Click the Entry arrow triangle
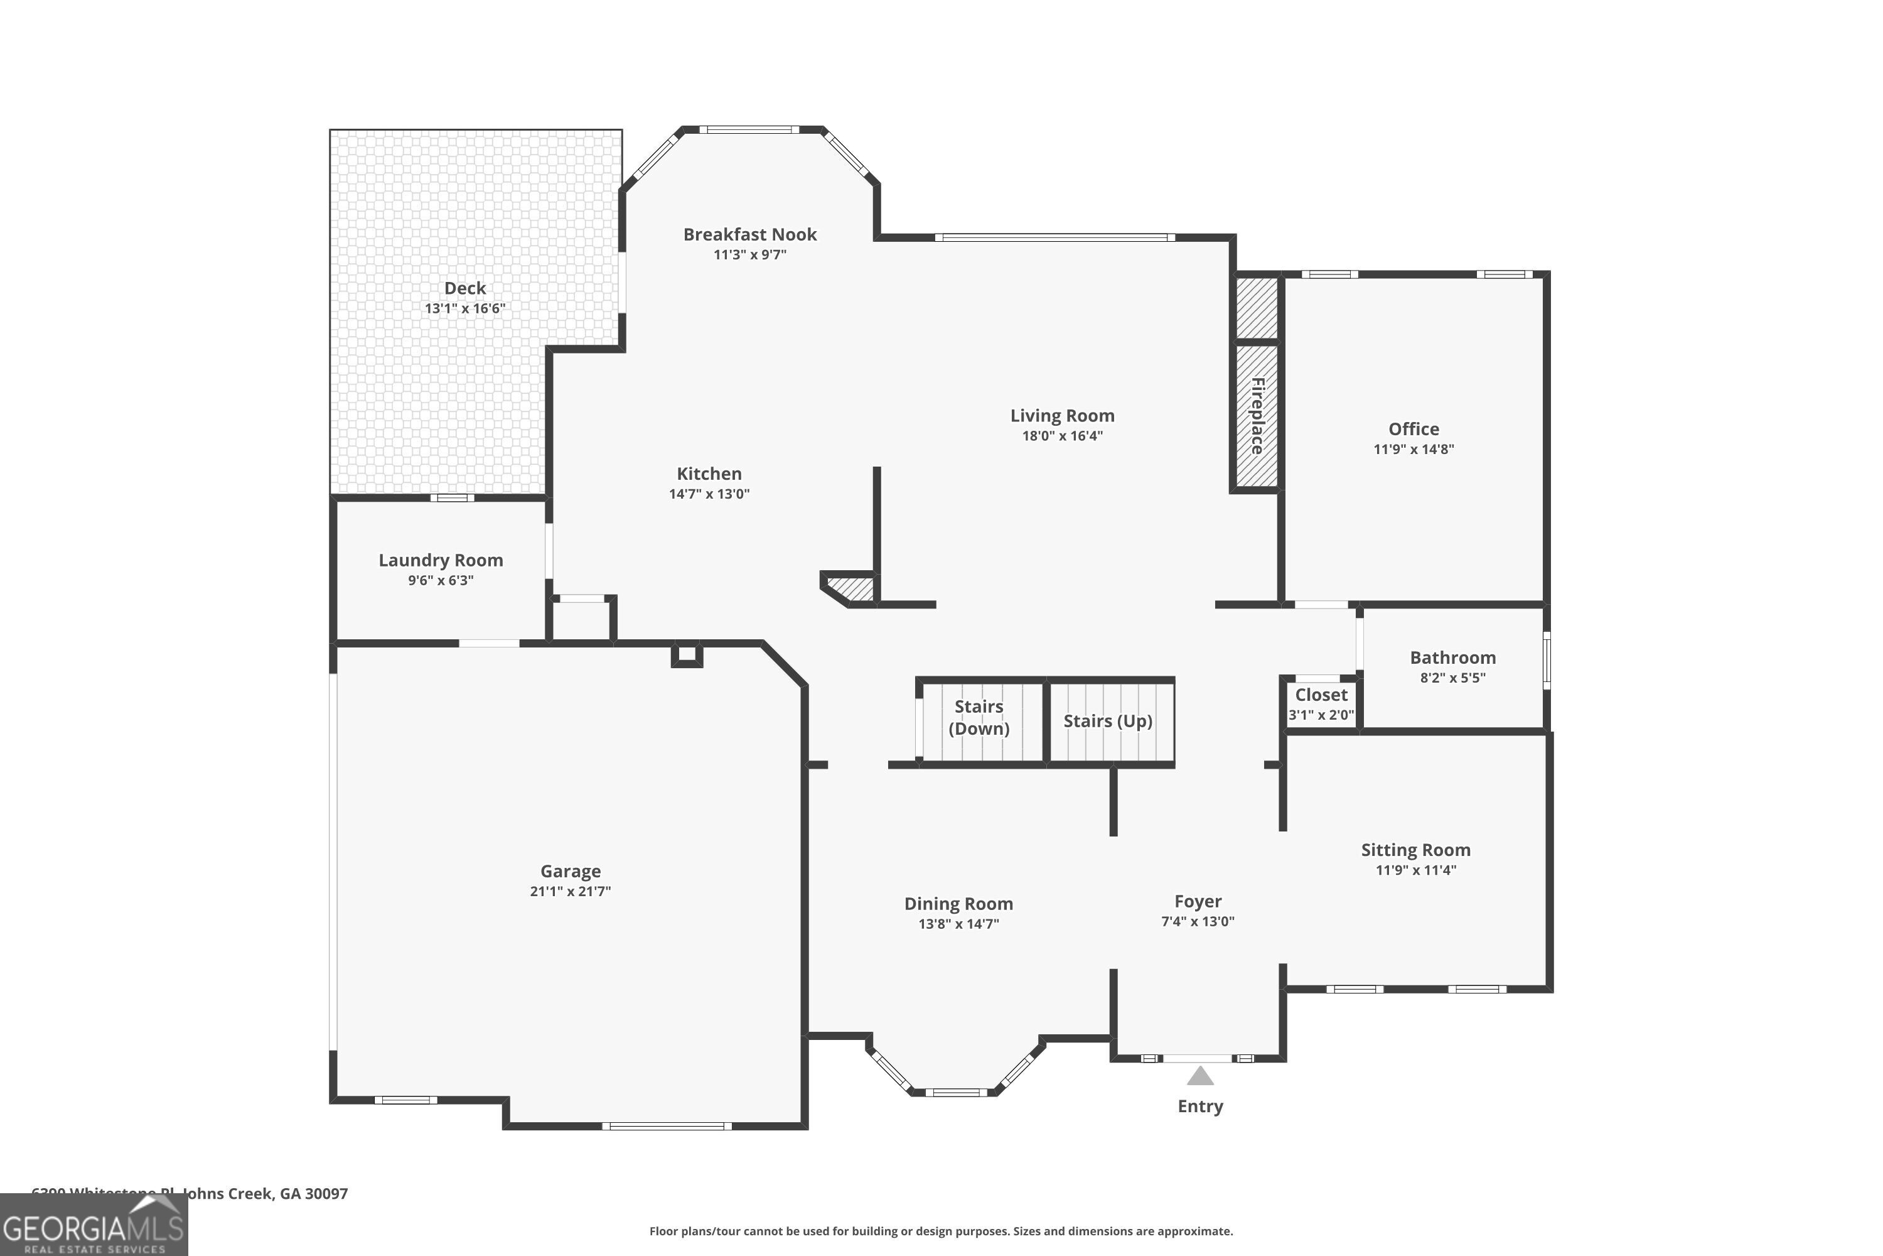1199,1076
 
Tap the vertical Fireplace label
1257,416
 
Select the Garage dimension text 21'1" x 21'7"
570,891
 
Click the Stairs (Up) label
1107,721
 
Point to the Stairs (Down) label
979,717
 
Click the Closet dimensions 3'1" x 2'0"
1321,715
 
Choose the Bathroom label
1452,658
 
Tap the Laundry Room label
441,560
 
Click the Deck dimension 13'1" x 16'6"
464,308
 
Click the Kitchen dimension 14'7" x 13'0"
709,494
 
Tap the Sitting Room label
1415,850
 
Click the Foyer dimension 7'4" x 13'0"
1197,921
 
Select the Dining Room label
958,904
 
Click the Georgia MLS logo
93,1226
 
